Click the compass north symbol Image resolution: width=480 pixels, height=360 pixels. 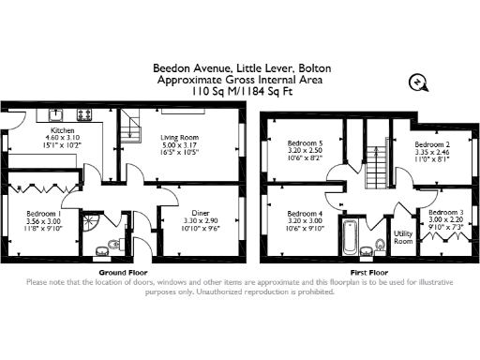419,82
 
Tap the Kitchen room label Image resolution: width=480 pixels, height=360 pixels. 63,130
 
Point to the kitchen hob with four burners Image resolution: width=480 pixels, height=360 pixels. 83,114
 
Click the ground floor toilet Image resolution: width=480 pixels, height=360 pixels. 112,247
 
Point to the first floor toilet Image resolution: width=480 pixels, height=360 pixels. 380,246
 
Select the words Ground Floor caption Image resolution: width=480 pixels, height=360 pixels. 119,272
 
